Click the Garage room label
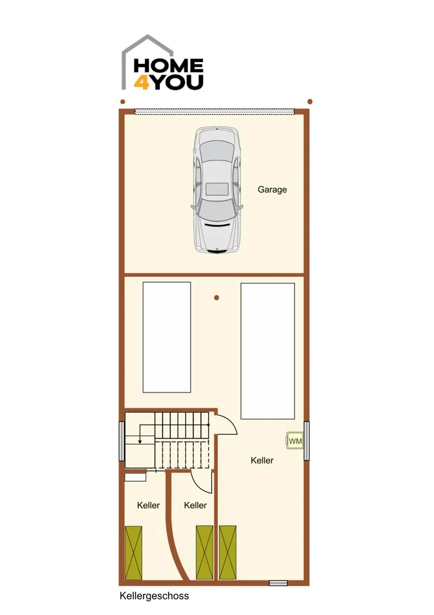pos(272,189)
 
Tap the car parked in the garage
pos(217,190)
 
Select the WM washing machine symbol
pos(295,440)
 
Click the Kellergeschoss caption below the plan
pos(154,596)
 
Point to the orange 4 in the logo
pos(141,83)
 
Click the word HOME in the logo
pos(168,66)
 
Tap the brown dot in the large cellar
pos(216,298)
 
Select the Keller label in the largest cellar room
pos(262,461)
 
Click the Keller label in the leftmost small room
pos(148,505)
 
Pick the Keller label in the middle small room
pos(195,505)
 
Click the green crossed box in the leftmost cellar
pos(133,552)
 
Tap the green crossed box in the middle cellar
pos(204,552)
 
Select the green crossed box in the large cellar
pos(228,552)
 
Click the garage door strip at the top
pos(215,111)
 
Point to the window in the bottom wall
pos(278,583)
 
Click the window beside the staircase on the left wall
pos(122,441)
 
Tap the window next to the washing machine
pos(307,440)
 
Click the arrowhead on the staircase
pos(140,442)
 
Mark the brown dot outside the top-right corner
pos(310,101)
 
